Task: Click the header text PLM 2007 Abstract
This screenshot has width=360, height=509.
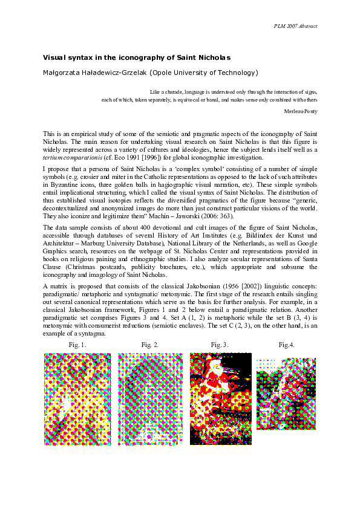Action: click(x=296, y=26)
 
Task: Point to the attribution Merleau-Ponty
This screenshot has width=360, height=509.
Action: click(x=301, y=112)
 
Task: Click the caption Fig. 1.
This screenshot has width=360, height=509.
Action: click(x=79, y=345)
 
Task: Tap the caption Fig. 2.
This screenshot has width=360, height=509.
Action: click(x=150, y=345)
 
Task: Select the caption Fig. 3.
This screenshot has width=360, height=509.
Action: click(x=220, y=345)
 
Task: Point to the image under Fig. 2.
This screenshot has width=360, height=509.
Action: click(x=149, y=400)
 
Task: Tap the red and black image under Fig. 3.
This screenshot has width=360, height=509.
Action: click(x=220, y=398)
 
